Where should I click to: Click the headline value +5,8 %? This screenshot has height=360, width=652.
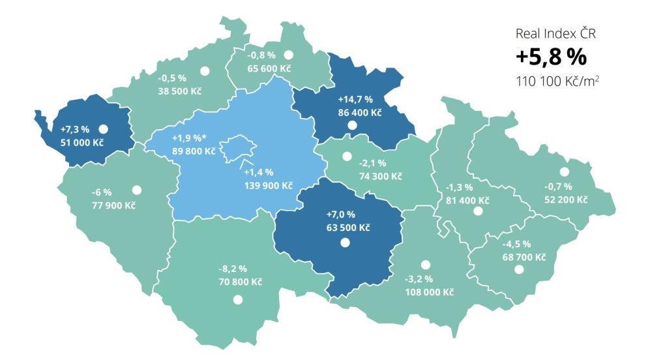tap(551, 57)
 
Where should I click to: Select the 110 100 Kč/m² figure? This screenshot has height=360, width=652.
tap(556, 82)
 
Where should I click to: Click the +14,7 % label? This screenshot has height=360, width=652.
tap(355, 100)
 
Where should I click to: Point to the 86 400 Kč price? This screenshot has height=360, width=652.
tap(359, 112)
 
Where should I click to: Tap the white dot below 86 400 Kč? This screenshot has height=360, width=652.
tap(352, 125)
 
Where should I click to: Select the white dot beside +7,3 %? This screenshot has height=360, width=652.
tap(103, 128)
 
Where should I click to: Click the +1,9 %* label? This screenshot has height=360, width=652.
tap(190, 139)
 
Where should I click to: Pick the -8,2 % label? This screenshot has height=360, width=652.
tap(233, 269)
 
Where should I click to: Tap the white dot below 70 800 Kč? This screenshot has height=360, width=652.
tap(238, 299)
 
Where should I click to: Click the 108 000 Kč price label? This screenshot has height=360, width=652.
tap(430, 291)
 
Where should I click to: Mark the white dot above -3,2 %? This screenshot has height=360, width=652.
tap(426, 265)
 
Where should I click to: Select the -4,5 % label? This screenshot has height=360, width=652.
tap(517, 245)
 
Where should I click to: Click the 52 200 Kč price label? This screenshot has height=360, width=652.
tap(565, 200)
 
